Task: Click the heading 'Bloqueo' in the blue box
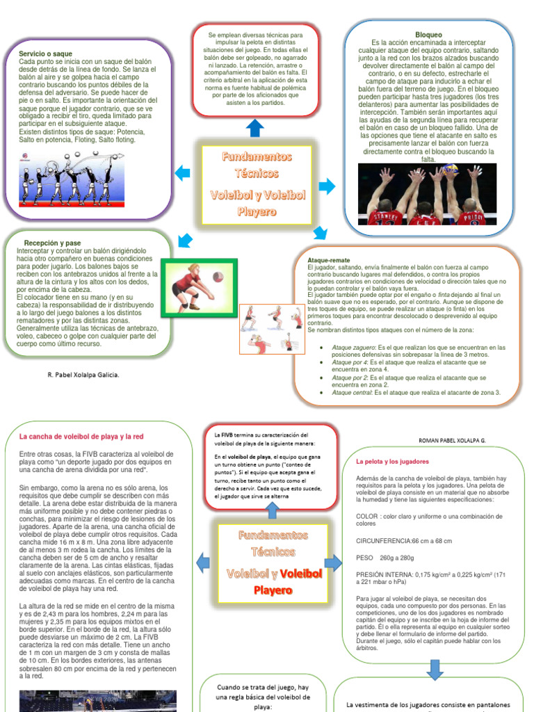coord(428,34)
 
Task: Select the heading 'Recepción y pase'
coord(52,243)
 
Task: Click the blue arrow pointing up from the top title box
coord(255,128)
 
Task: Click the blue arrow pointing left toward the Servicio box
coord(182,173)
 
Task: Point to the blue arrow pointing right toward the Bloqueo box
coord(327,186)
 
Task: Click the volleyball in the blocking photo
coord(451,169)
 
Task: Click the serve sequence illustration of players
coord(67,178)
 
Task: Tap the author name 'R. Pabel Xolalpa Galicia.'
coord(83,375)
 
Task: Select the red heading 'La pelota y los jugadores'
coord(392,461)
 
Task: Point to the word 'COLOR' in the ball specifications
coord(366,517)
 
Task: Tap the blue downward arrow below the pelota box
coord(435,669)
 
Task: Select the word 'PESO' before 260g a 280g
coord(364,558)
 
